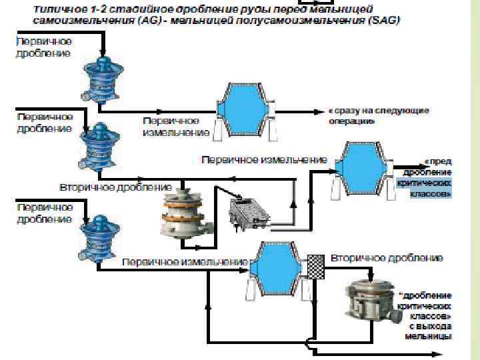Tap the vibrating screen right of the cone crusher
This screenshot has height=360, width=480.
[249, 213]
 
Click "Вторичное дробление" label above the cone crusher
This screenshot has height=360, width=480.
[116, 187]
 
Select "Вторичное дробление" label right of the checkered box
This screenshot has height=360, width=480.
[387, 257]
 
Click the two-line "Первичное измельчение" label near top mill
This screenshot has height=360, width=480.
[175, 127]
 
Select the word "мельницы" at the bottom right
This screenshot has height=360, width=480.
[428, 336]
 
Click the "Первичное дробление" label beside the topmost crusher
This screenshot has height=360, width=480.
[44, 47]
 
